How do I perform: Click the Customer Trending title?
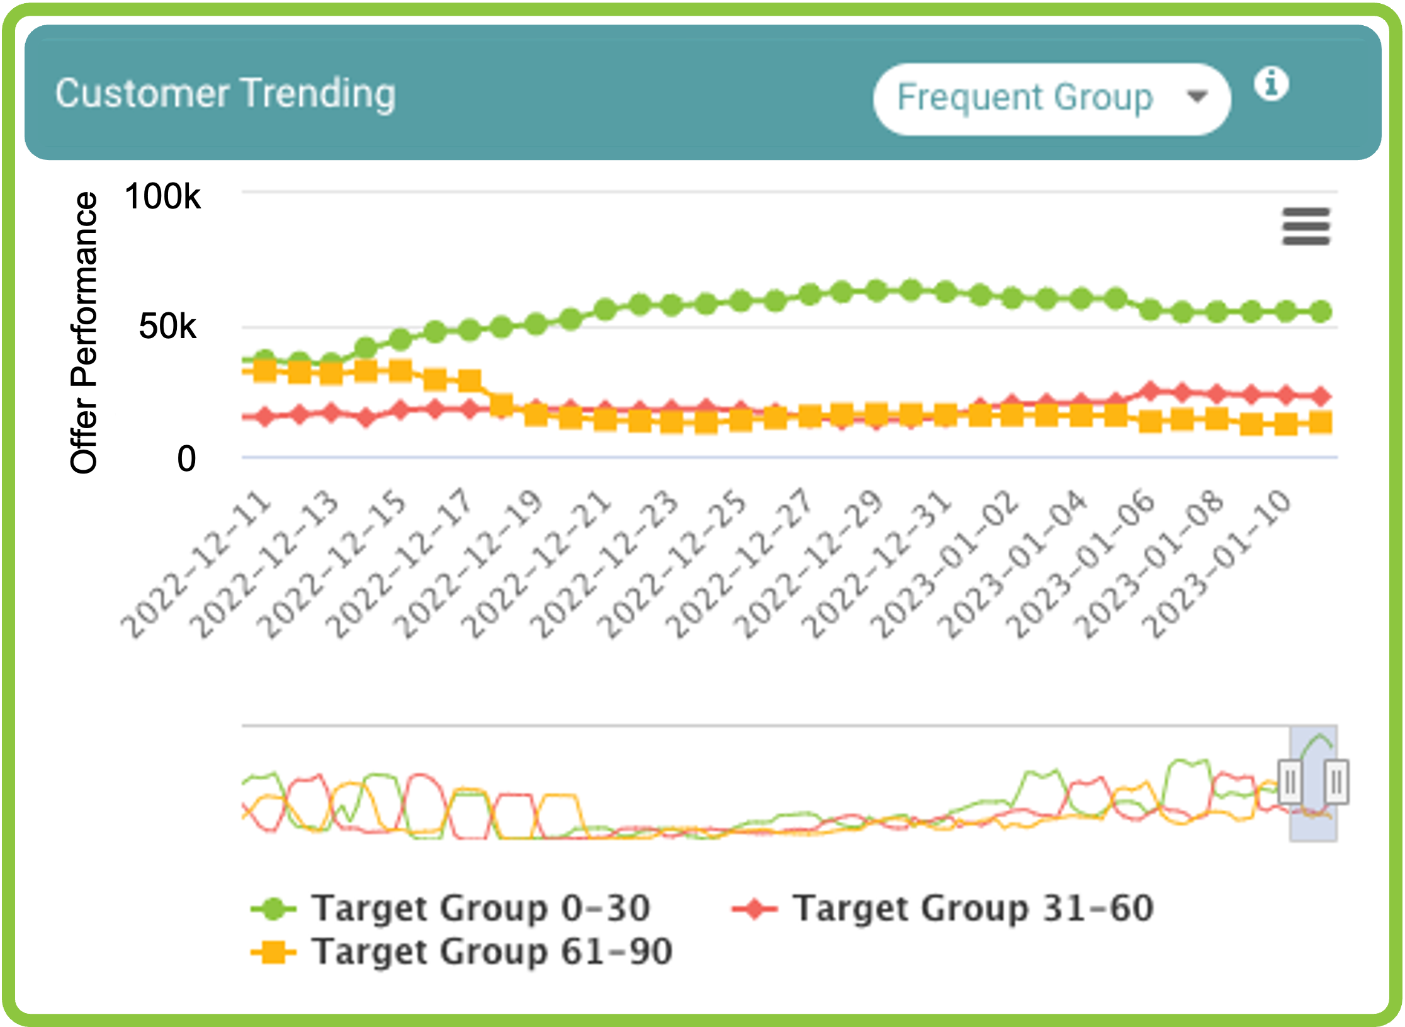click(x=225, y=94)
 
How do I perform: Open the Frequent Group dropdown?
click(x=1051, y=99)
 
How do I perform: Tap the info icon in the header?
click(x=1271, y=84)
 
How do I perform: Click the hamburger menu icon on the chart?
click(x=1306, y=226)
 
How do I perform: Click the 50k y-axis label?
click(x=167, y=326)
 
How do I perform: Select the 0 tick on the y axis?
click(x=186, y=458)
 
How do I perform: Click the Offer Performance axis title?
click(x=84, y=332)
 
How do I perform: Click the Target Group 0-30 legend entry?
click(x=451, y=908)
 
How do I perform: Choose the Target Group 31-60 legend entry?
click(x=943, y=908)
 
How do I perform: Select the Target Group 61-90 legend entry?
click(x=462, y=951)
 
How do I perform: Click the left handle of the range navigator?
click(x=1290, y=782)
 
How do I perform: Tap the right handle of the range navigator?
click(x=1336, y=782)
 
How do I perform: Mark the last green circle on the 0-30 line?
click(x=1321, y=311)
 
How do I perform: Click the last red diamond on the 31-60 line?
click(x=1321, y=396)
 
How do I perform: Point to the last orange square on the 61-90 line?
click(x=1321, y=423)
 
